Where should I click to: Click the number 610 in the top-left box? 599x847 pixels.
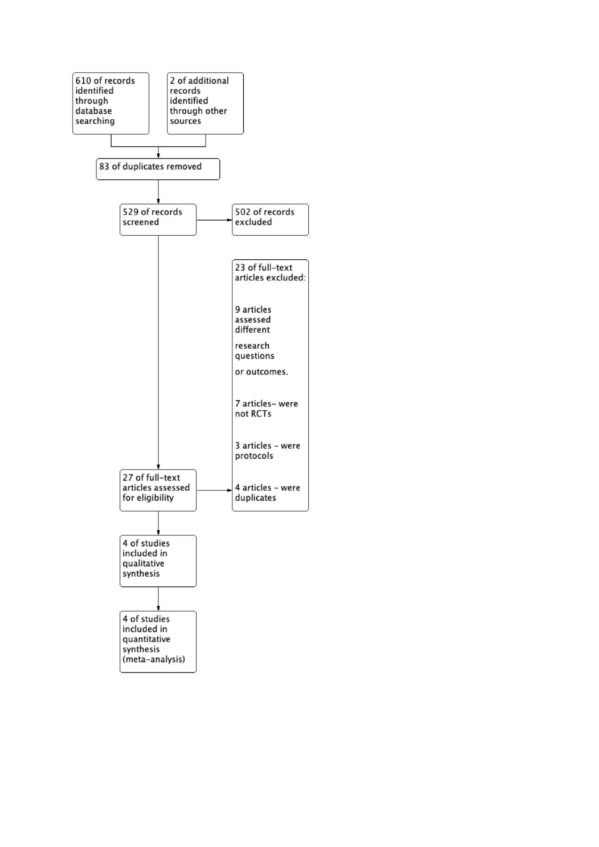[x=83, y=80]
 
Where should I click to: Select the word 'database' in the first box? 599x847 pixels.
[x=94, y=111]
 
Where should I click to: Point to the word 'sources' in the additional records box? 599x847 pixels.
[x=185, y=121]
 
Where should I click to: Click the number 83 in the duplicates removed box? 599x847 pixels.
[x=104, y=167]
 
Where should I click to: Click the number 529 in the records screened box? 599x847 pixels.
[x=131, y=212]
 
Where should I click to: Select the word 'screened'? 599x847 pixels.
[x=141, y=222]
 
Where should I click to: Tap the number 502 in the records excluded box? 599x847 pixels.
[x=243, y=212]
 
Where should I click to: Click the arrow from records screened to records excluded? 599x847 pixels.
[x=215, y=220]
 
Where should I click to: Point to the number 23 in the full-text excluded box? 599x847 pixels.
[x=240, y=268]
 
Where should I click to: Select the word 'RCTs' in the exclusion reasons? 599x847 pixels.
[x=261, y=414]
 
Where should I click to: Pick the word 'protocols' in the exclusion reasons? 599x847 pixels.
[x=254, y=456]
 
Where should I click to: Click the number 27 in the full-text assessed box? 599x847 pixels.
[x=128, y=478]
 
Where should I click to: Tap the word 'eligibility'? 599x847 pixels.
[x=155, y=498]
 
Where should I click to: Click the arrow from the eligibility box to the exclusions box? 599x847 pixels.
[x=215, y=490]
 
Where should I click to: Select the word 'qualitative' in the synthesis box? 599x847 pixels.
[x=144, y=564]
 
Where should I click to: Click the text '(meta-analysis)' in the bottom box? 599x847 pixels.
[x=154, y=660]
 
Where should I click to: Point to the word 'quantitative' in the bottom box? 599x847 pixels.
[x=146, y=639]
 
